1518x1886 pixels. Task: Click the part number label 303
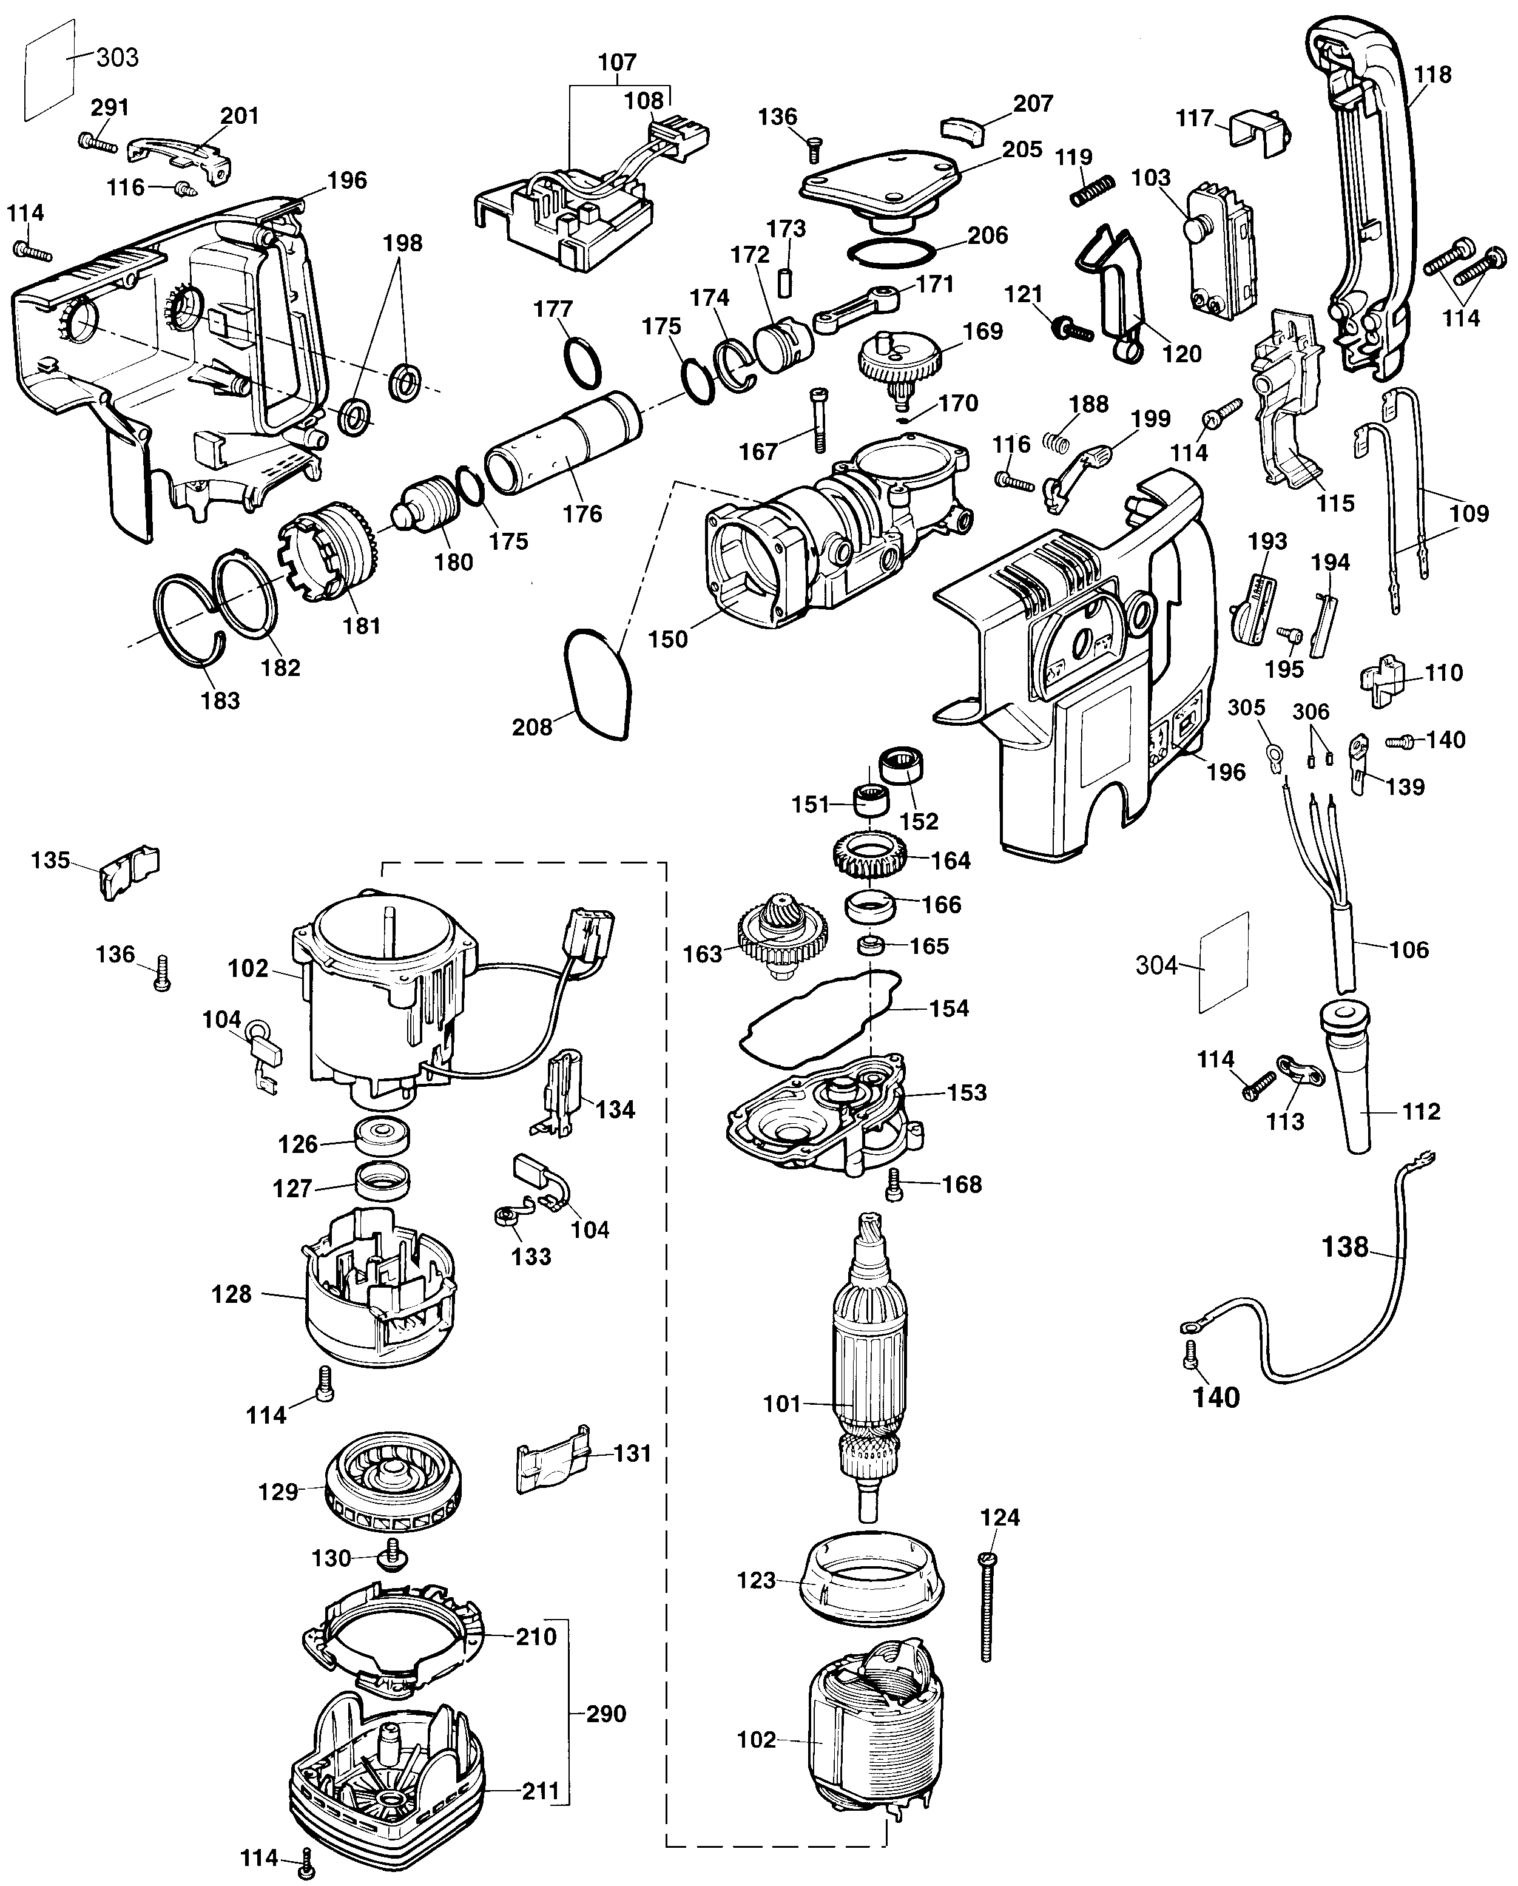117,58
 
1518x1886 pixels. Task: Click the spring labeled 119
1093,191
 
